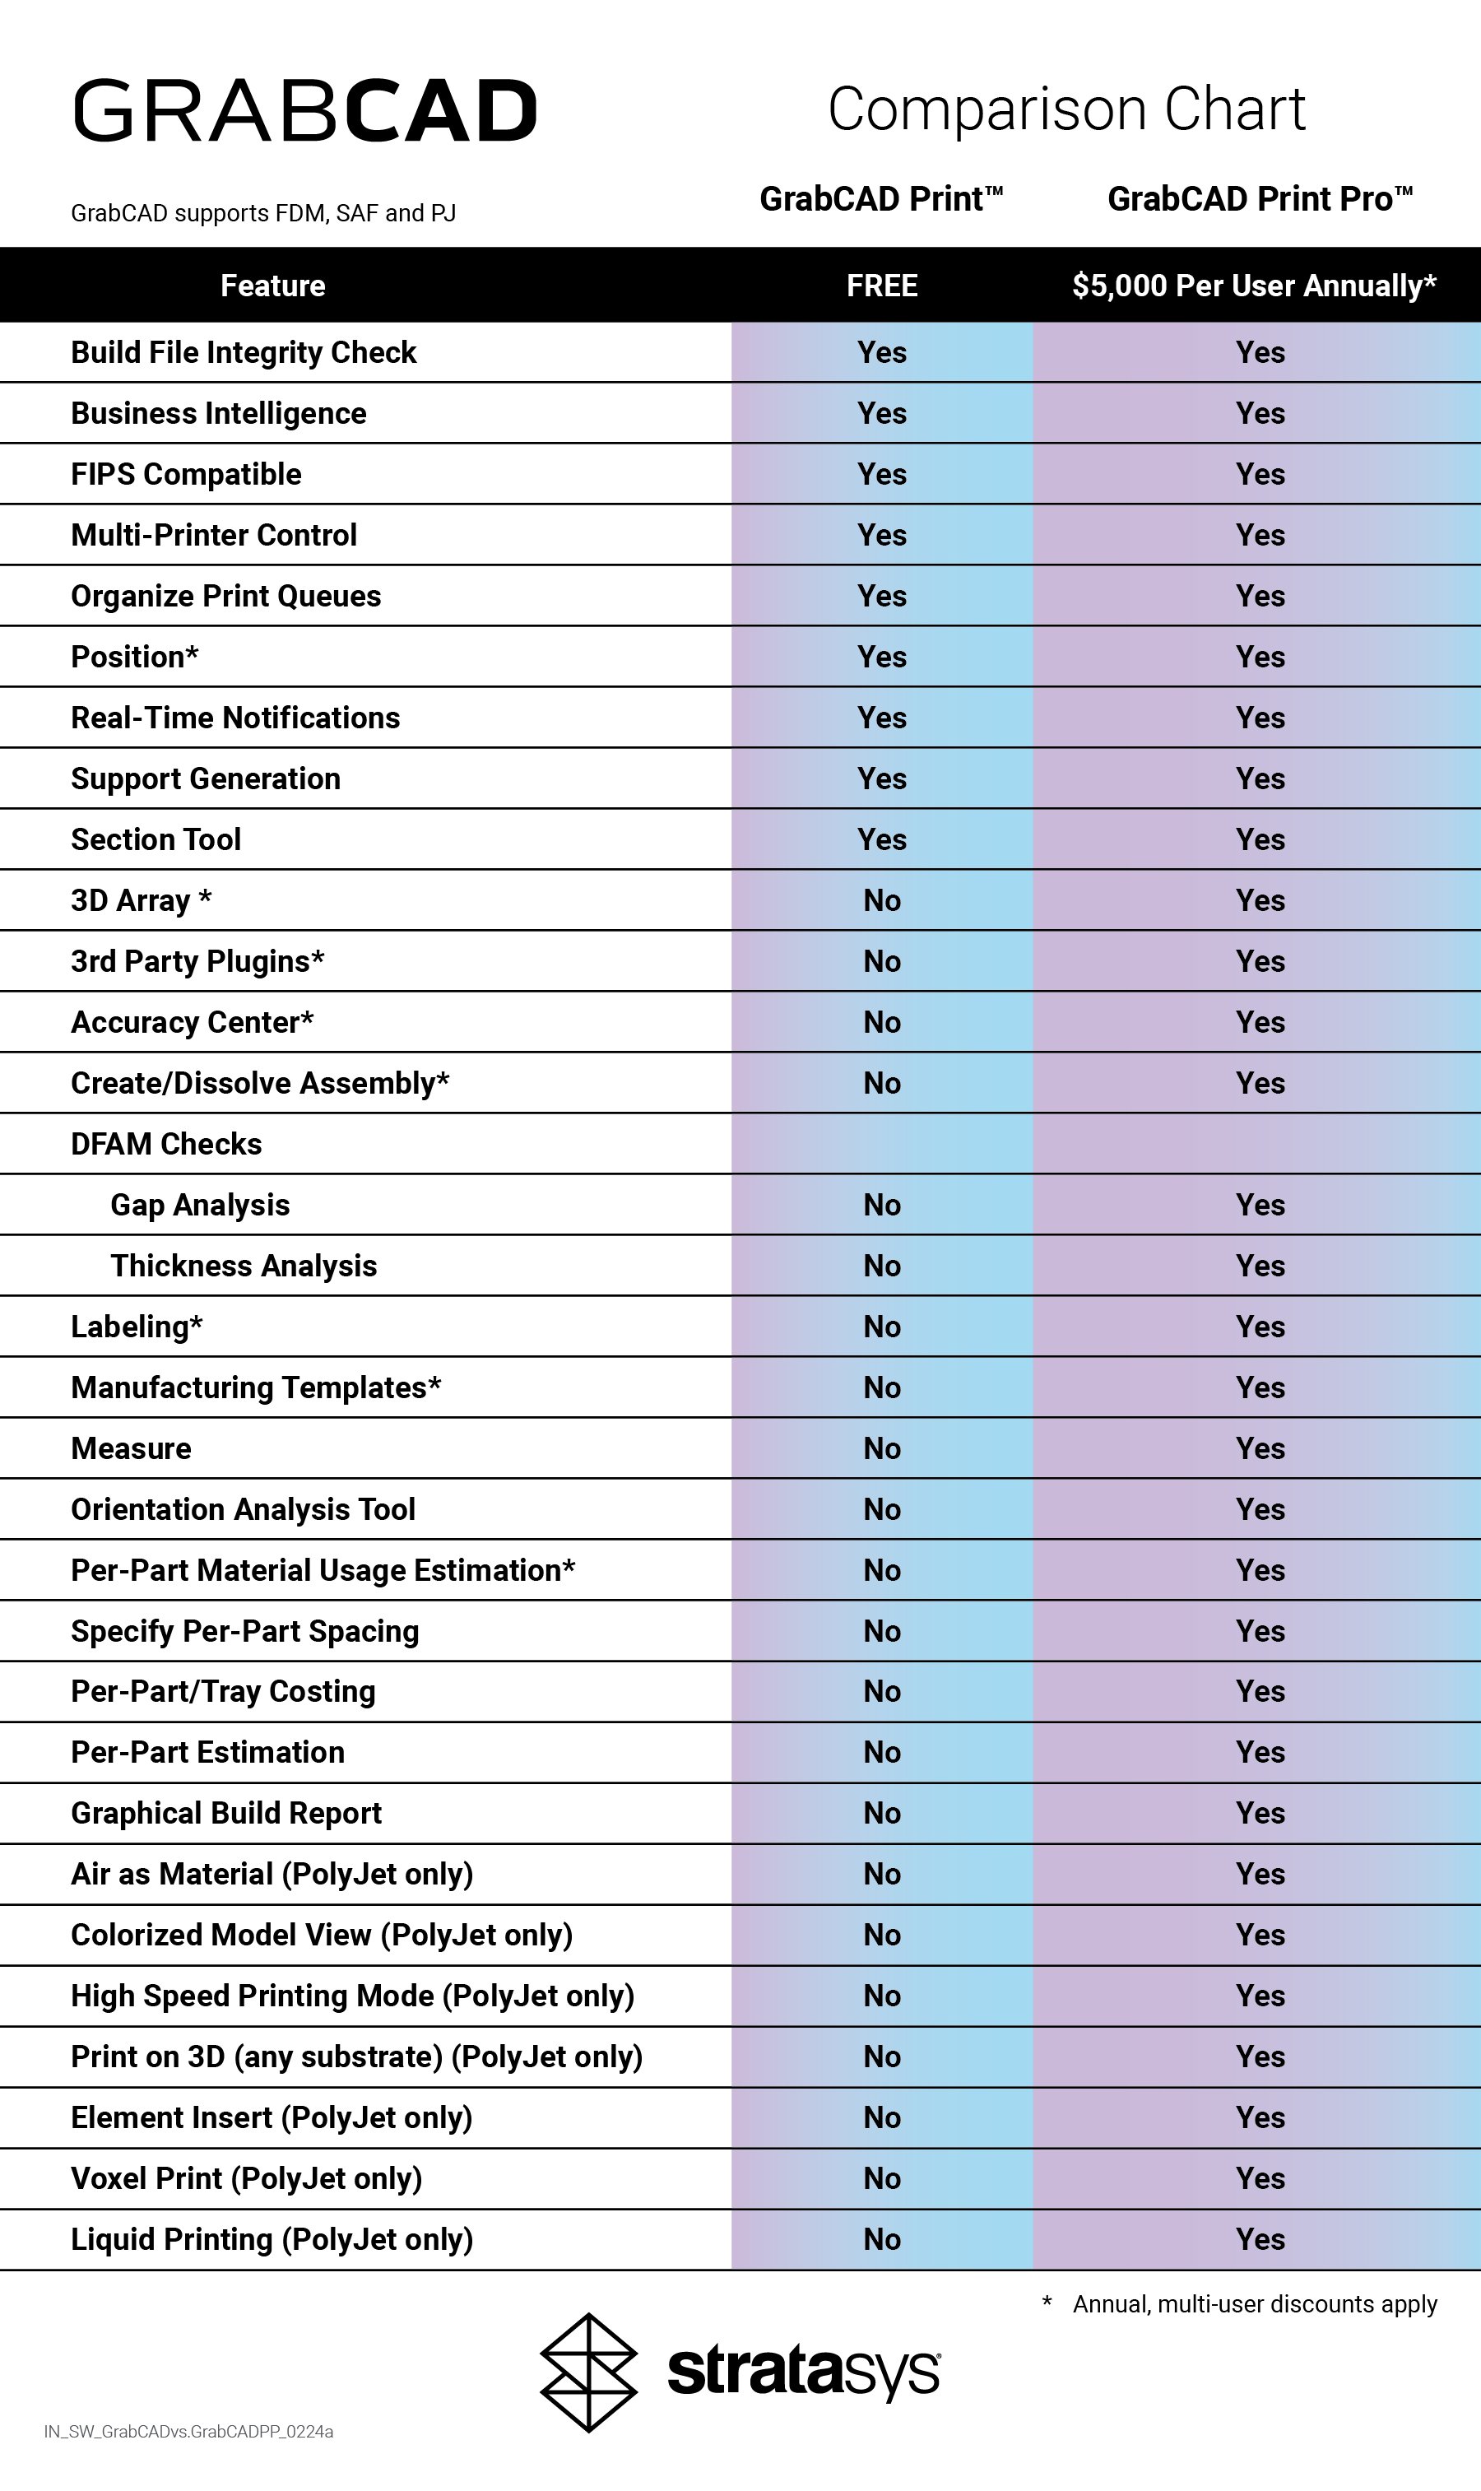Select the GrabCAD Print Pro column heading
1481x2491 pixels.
1260,198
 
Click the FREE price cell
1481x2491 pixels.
881,286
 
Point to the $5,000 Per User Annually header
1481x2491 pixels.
1253,286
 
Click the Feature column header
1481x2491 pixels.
272,286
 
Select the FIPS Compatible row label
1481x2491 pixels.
186,474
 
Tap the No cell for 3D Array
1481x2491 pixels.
881,900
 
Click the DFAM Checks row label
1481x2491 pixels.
165,1144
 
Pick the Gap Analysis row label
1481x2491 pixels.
200,1205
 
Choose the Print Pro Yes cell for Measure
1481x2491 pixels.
1260,1448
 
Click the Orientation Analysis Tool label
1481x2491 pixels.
243,1509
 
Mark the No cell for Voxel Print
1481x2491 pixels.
881,2177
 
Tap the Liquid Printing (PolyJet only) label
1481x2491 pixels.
272,2238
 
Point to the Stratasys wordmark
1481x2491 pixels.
803,2372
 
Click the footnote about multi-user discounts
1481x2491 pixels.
1252,2303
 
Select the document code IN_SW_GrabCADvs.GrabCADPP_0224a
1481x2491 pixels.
188,2432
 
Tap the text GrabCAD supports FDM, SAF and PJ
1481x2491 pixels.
262,212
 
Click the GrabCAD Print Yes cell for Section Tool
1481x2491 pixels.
881,839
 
